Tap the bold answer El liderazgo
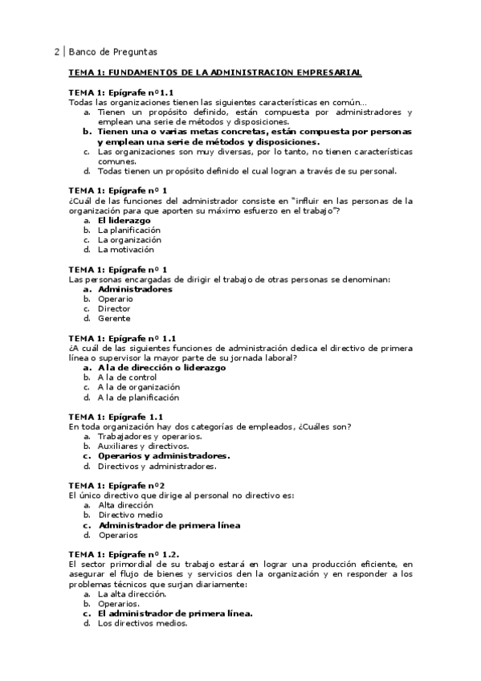pos(124,219)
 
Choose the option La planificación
pos(128,230)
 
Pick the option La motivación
pos(126,249)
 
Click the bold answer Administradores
pos(135,289)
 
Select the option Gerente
pos(114,318)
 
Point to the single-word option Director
pos(114,308)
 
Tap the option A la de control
pos(127,377)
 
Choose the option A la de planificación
pos(138,397)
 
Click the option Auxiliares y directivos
pos(144,446)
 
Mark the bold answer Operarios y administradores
pos(164,456)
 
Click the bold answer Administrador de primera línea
pos(169,525)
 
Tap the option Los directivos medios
pos(142,623)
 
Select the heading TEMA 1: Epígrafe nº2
pos(116,485)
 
